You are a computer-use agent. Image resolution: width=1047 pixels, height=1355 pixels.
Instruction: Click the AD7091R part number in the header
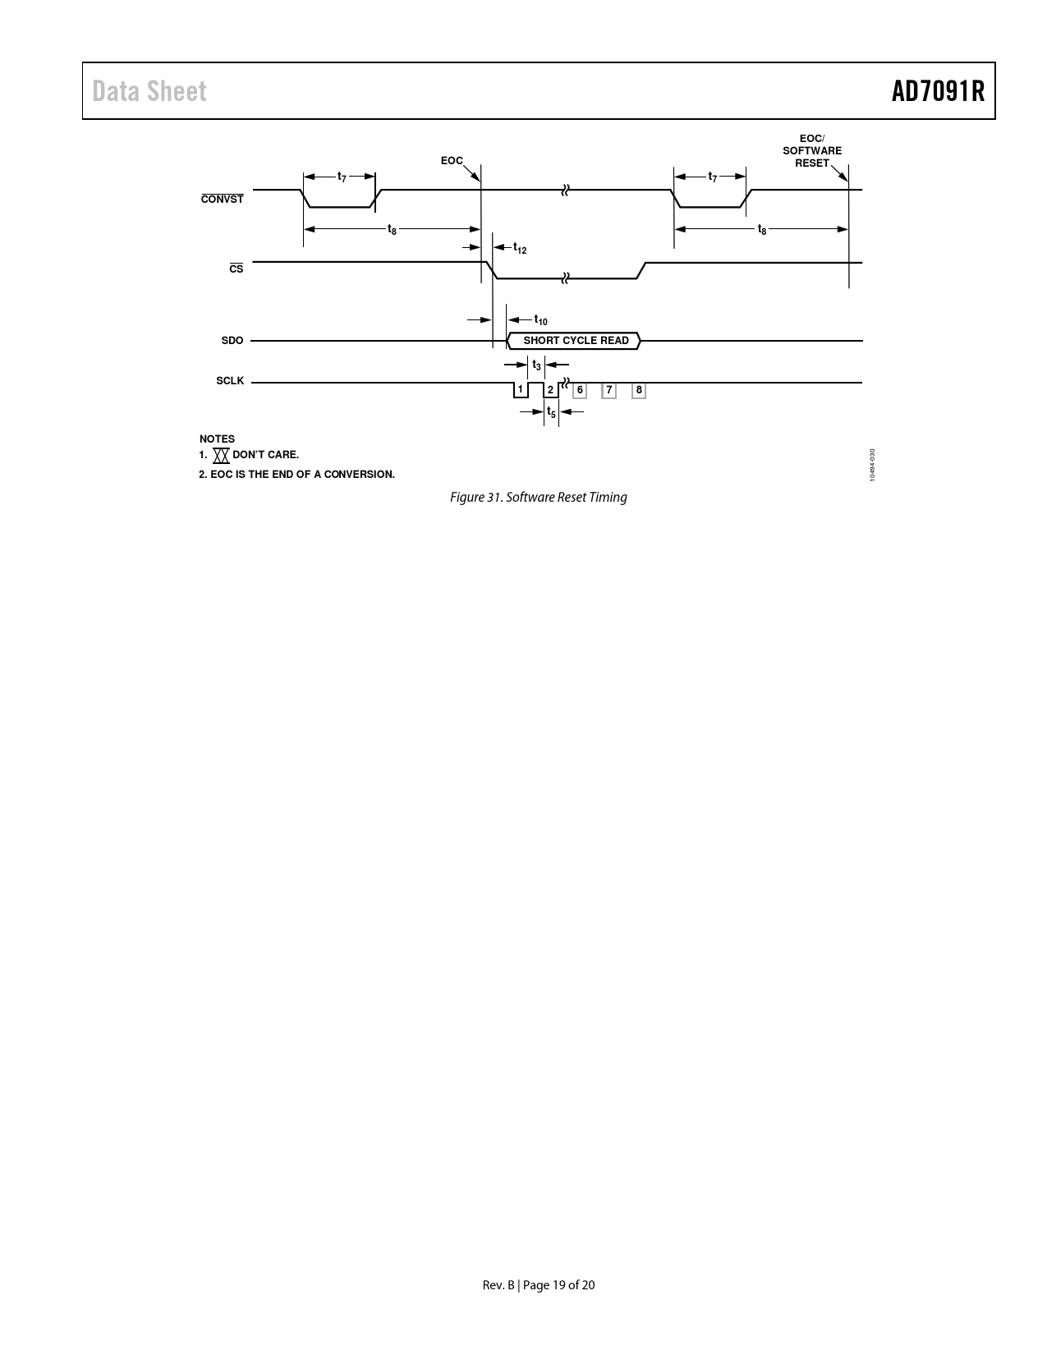click(x=938, y=91)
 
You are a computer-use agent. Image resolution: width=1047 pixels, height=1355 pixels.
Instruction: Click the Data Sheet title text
click(x=149, y=91)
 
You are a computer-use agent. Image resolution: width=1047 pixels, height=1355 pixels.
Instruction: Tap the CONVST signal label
click(x=222, y=199)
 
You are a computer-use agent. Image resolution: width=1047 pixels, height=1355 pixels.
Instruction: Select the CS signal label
click(x=236, y=269)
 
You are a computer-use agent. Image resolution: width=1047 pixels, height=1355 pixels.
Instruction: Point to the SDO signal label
click(x=232, y=341)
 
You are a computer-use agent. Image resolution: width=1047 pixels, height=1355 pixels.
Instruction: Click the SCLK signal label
click(x=230, y=381)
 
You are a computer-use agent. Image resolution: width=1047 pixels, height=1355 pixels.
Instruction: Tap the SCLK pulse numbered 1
click(x=521, y=390)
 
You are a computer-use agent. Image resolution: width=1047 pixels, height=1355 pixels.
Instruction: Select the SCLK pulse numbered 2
click(x=551, y=390)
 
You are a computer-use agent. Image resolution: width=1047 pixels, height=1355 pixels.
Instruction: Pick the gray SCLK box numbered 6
click(x=580, y=390)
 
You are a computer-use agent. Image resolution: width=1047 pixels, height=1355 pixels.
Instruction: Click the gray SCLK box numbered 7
click(x=609, y=390)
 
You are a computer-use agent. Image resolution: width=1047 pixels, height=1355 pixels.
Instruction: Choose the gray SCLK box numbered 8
click(x=639, y=390)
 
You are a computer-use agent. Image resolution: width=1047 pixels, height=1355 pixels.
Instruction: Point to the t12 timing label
click(x=520, y=248)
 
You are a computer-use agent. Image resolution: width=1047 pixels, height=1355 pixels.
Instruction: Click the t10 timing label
click(x=540, y=320)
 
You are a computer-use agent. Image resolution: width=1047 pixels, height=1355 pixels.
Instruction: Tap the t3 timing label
click(x=536, y=365)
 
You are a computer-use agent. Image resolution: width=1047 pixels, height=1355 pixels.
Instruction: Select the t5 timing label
click(x=551, y=412)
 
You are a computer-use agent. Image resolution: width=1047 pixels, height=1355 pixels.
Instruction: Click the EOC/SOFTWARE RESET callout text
click(x=812, y=151)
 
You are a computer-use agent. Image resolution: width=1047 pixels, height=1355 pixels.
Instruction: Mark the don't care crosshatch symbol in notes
click(x=222, y=456)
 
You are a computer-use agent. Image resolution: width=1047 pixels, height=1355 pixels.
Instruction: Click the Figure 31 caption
click(x=539, y=497)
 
